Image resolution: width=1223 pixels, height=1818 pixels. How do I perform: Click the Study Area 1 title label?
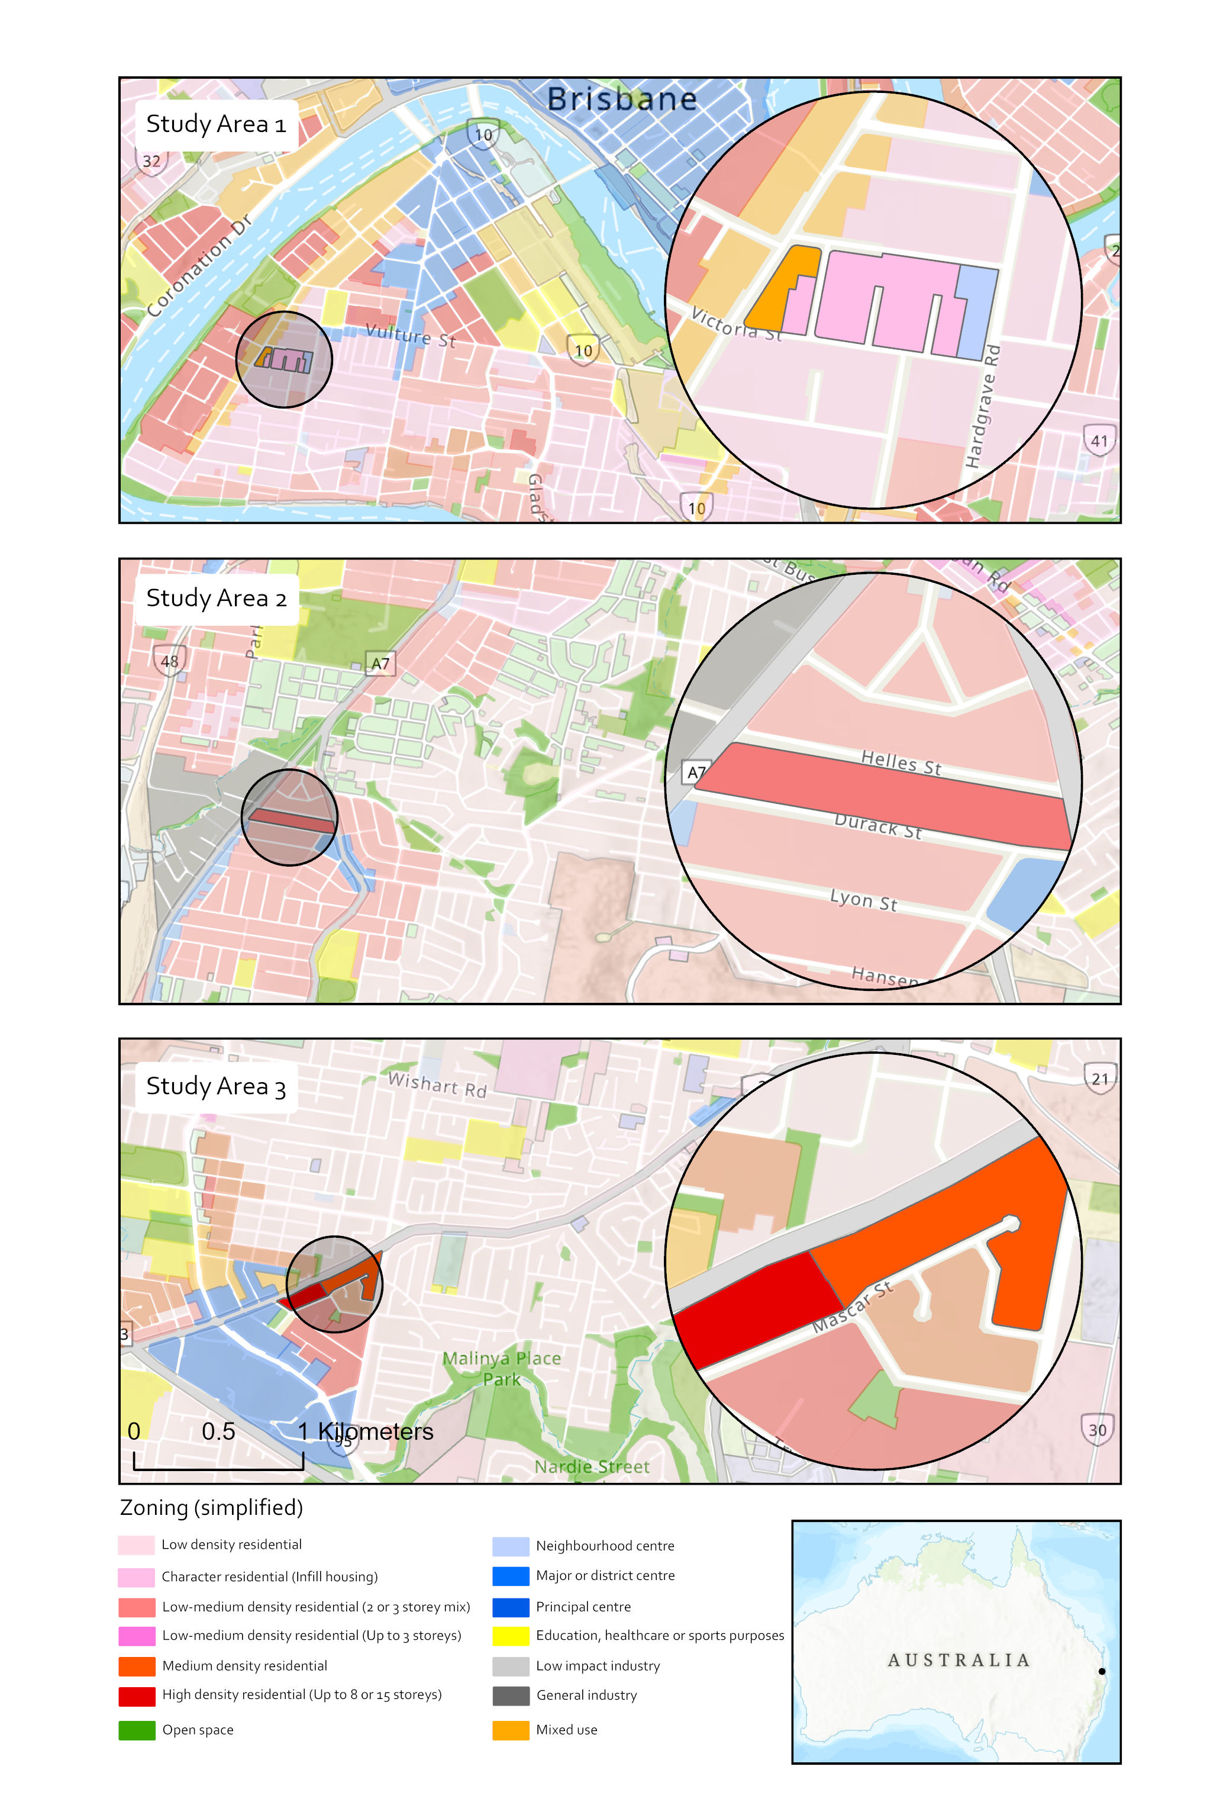pos(216,124)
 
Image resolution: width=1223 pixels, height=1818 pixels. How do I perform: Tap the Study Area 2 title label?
pos(216,599)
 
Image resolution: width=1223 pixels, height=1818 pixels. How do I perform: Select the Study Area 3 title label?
pos(216,1086)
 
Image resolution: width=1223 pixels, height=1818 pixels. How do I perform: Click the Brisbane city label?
pos(622,99)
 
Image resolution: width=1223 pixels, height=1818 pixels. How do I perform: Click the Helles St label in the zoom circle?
pos(901,761)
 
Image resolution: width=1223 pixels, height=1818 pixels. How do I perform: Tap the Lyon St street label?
pos(863,900)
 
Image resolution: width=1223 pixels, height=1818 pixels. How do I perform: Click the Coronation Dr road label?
pos(199,265)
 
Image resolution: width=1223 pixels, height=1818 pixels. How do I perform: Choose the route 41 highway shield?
pos(1099,441)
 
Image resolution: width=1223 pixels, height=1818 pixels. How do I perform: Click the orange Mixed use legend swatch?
pos(511,1730)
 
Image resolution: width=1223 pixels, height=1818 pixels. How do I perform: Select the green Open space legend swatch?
pos(137,1730)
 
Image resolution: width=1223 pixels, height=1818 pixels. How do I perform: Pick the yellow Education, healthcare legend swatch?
pos(511,1636)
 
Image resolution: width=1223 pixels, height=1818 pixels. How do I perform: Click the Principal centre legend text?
pos(583,1607)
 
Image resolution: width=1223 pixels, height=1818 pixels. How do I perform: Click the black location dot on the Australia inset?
pos(1101,1671)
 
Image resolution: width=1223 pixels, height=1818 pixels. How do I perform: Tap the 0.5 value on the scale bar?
pos(218,1431)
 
